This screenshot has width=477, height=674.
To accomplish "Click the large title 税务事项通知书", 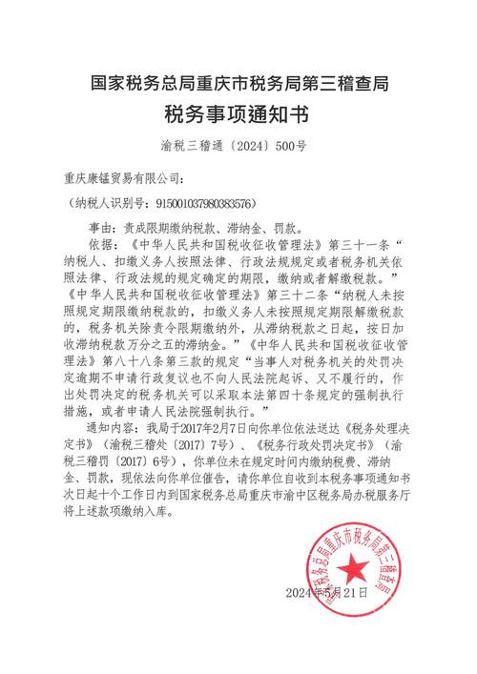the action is pos(238,115).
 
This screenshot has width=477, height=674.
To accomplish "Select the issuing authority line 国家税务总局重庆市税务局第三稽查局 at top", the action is pos(238,84).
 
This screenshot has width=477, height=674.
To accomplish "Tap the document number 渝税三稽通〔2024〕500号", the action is pos(238,148).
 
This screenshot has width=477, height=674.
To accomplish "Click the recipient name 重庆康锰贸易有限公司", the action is pos(125,178).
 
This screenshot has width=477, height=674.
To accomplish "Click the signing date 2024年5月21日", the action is pos(326,593).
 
